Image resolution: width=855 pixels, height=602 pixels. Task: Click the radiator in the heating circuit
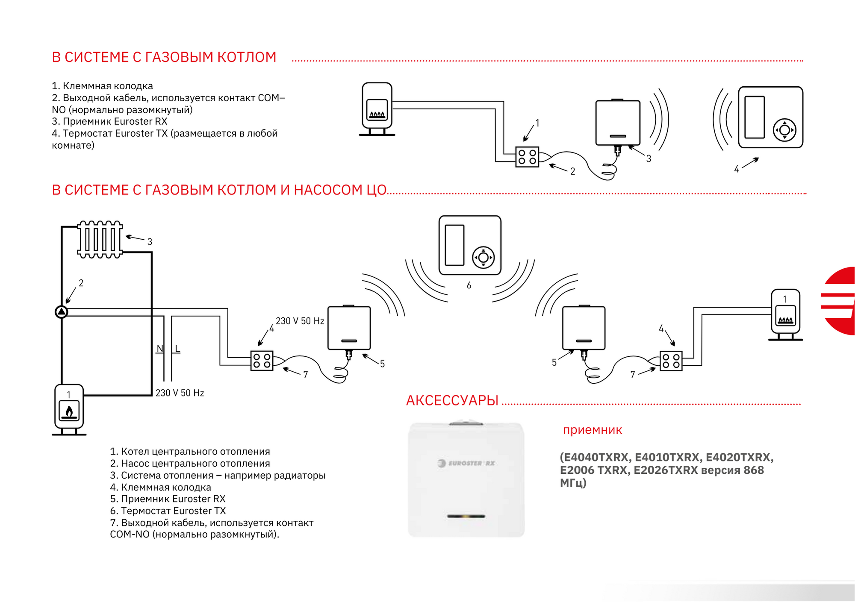click(x=100, y=239)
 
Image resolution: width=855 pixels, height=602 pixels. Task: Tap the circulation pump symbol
click(x=62, y=312)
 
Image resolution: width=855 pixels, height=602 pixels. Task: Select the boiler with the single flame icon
click(x=69, y=410)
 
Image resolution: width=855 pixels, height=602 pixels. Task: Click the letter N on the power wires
click(x=160, y=349)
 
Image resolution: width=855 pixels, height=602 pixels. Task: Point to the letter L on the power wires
click(x=177, y=349)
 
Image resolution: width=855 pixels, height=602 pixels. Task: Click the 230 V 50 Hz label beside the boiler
click(x=180, y=393)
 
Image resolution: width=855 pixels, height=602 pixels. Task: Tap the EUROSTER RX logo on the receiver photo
click(x=466, y=463)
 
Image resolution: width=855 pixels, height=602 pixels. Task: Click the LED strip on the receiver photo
click(x=466, y=516)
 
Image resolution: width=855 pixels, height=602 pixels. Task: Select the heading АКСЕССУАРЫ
click(x=452, y=400)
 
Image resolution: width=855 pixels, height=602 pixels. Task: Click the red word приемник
click(x=593, y=430)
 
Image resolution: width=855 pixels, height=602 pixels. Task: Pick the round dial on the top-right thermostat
click(x=784, y=130)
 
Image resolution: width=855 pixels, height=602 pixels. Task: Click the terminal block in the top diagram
click(x=527, y=157)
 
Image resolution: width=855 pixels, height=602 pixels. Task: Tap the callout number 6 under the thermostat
click(x=469, y=285)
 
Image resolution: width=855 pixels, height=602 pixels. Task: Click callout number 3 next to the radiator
click(x=150, y=241)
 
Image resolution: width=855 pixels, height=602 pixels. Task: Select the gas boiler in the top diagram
click(x=377, y=109)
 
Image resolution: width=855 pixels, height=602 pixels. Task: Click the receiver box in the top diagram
click(x=618, y=123)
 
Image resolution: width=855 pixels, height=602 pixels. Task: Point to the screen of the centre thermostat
click(x=454, y=245)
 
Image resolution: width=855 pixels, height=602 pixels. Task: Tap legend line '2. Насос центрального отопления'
click(x=190, y=463)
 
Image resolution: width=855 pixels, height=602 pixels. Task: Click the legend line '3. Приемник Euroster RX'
click(x=109, y=121)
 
